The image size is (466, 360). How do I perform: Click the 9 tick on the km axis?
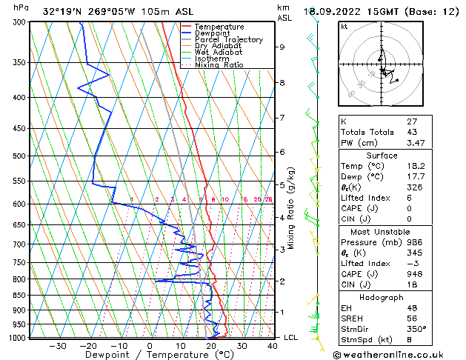point(282,47)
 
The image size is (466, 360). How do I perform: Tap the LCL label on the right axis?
point(291,338)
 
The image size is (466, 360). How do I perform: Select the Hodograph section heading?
point(382,296)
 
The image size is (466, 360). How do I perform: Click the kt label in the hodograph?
point(344,26)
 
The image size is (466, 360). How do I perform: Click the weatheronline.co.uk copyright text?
point(399,354)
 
